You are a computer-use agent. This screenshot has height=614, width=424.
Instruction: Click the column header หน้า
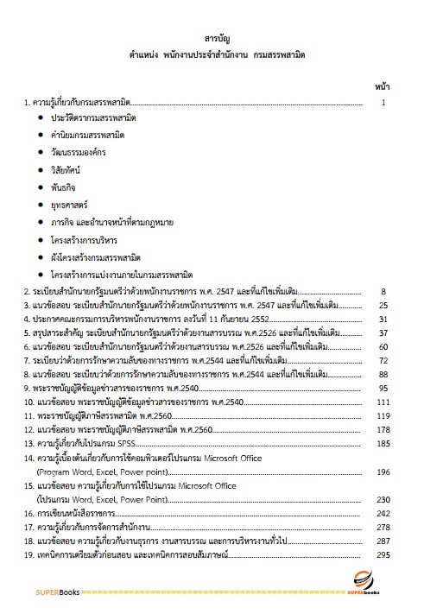tap(382, 87)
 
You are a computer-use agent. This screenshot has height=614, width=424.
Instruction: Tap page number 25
tap(382, 306)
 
